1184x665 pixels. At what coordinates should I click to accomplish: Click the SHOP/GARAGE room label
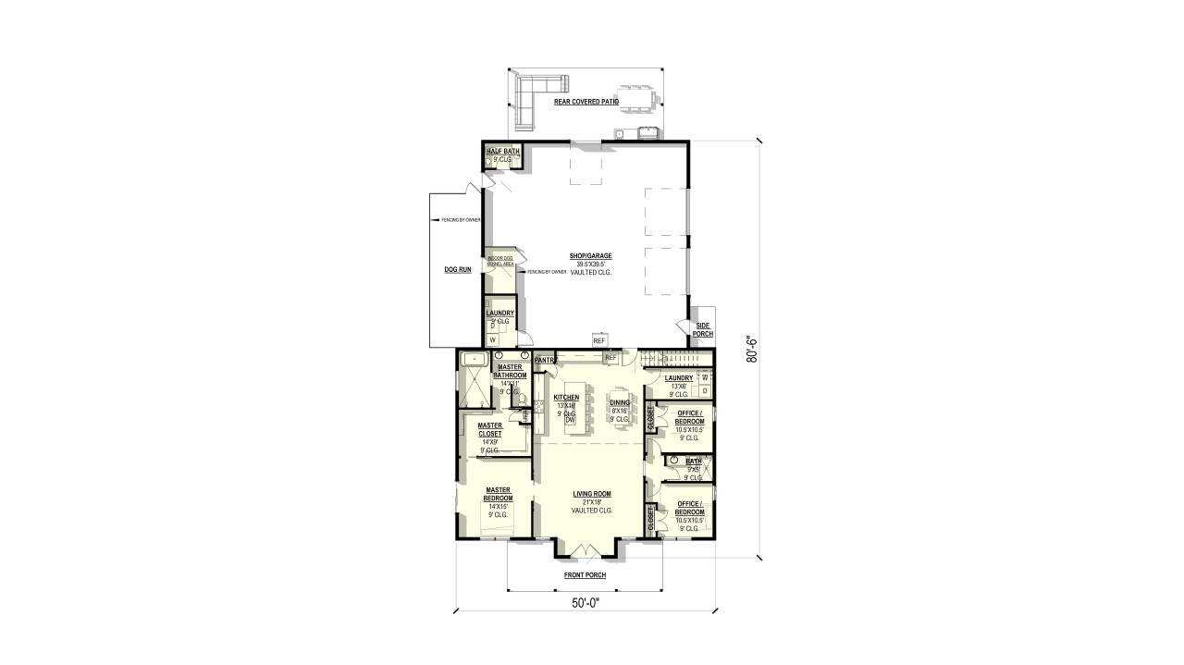[591, 255]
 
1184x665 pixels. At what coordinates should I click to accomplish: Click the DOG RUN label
[459, 270]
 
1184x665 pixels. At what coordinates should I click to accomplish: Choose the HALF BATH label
[503, 151]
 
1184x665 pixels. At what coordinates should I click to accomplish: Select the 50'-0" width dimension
[585, 603]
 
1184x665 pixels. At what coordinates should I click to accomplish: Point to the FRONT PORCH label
[585, 575]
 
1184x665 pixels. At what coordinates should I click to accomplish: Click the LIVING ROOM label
[591, 494]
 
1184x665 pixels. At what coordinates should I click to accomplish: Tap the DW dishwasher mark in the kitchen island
[571, 421]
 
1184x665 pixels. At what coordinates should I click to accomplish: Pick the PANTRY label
[543, 360]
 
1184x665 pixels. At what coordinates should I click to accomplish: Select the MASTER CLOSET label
[490, 429]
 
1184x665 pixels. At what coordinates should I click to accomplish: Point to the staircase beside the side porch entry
[679, 358]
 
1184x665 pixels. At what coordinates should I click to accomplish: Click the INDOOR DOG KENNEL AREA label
[500, 261]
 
